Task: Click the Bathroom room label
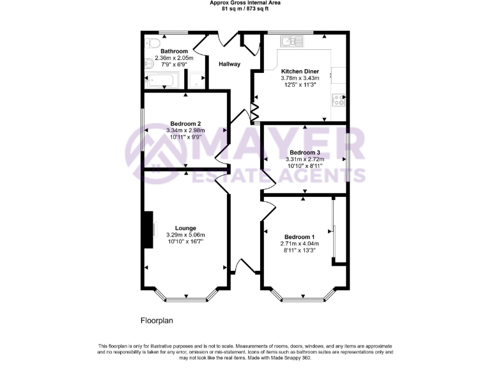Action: pos(174,51)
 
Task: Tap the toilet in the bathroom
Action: pos(152,43)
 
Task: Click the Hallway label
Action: pos(230,64)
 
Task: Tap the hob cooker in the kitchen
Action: pos(338,99)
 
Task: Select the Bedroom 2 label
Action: pos(185,123)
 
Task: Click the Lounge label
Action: pos(185,228)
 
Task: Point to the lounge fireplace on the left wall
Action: pos(149,229)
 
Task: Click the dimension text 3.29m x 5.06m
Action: pos(185,234)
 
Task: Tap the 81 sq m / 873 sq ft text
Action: pos(245,9)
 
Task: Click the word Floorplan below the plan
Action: pos(157,320)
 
